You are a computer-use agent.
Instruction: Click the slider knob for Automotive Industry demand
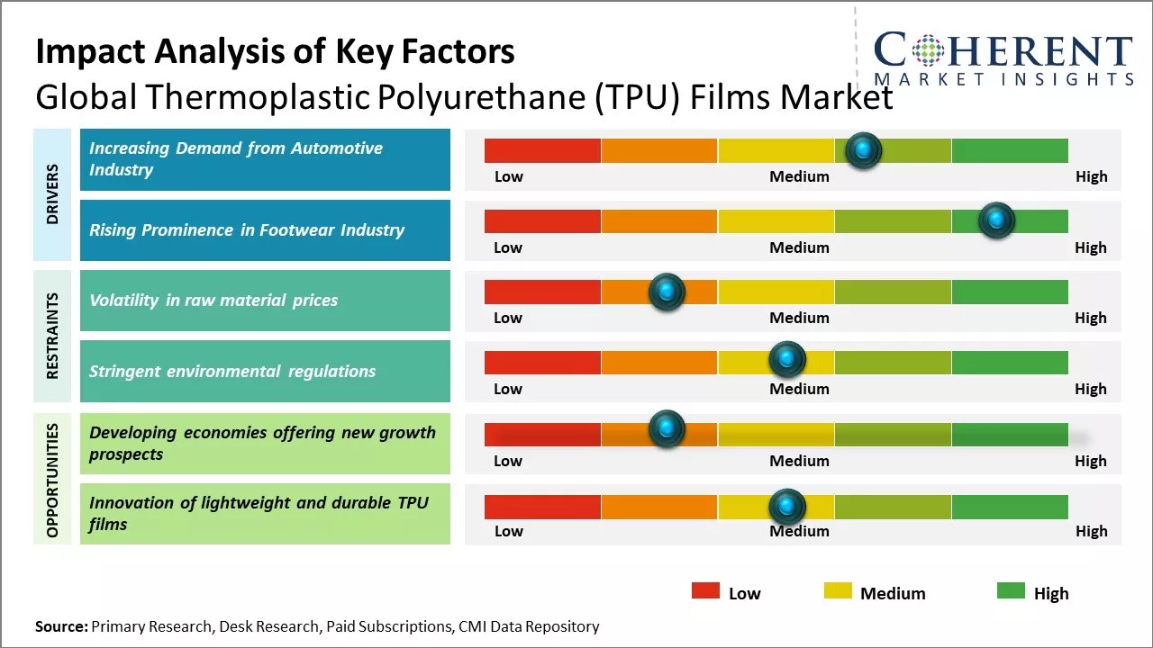click(x=864, y=150)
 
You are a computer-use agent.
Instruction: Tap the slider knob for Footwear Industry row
click(x=996, y=220)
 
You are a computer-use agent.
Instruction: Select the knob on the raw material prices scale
click(x=667, y=292)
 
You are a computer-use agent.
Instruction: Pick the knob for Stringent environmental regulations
click(x=787, y=360)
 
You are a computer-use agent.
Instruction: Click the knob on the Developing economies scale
click(x=667, y=429)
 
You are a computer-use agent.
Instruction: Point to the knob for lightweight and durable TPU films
click(x=787, y=507)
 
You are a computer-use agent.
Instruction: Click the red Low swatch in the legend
click(x=705, y=591)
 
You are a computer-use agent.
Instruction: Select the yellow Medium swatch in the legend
click(x=838, y=591)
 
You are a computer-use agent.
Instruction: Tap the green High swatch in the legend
click(x=1011, y=591)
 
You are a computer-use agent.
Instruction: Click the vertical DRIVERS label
click(x=52, y=194)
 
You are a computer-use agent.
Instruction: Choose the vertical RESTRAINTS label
click(x=52, y=336)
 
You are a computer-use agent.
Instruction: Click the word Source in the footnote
click(x=61, y=626)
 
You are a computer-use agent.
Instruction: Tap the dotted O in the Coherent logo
click(x=928, y=50)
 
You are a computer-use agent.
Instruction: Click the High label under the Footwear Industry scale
click(x=1090, y=247)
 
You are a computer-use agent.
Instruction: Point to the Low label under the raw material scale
click(x=508, y=318)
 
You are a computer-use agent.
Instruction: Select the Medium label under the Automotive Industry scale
click(x=799, y=176)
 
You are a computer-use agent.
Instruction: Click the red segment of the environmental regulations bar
click(x=542, y=362)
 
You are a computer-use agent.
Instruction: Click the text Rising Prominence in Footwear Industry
click(x=246, y=230)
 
